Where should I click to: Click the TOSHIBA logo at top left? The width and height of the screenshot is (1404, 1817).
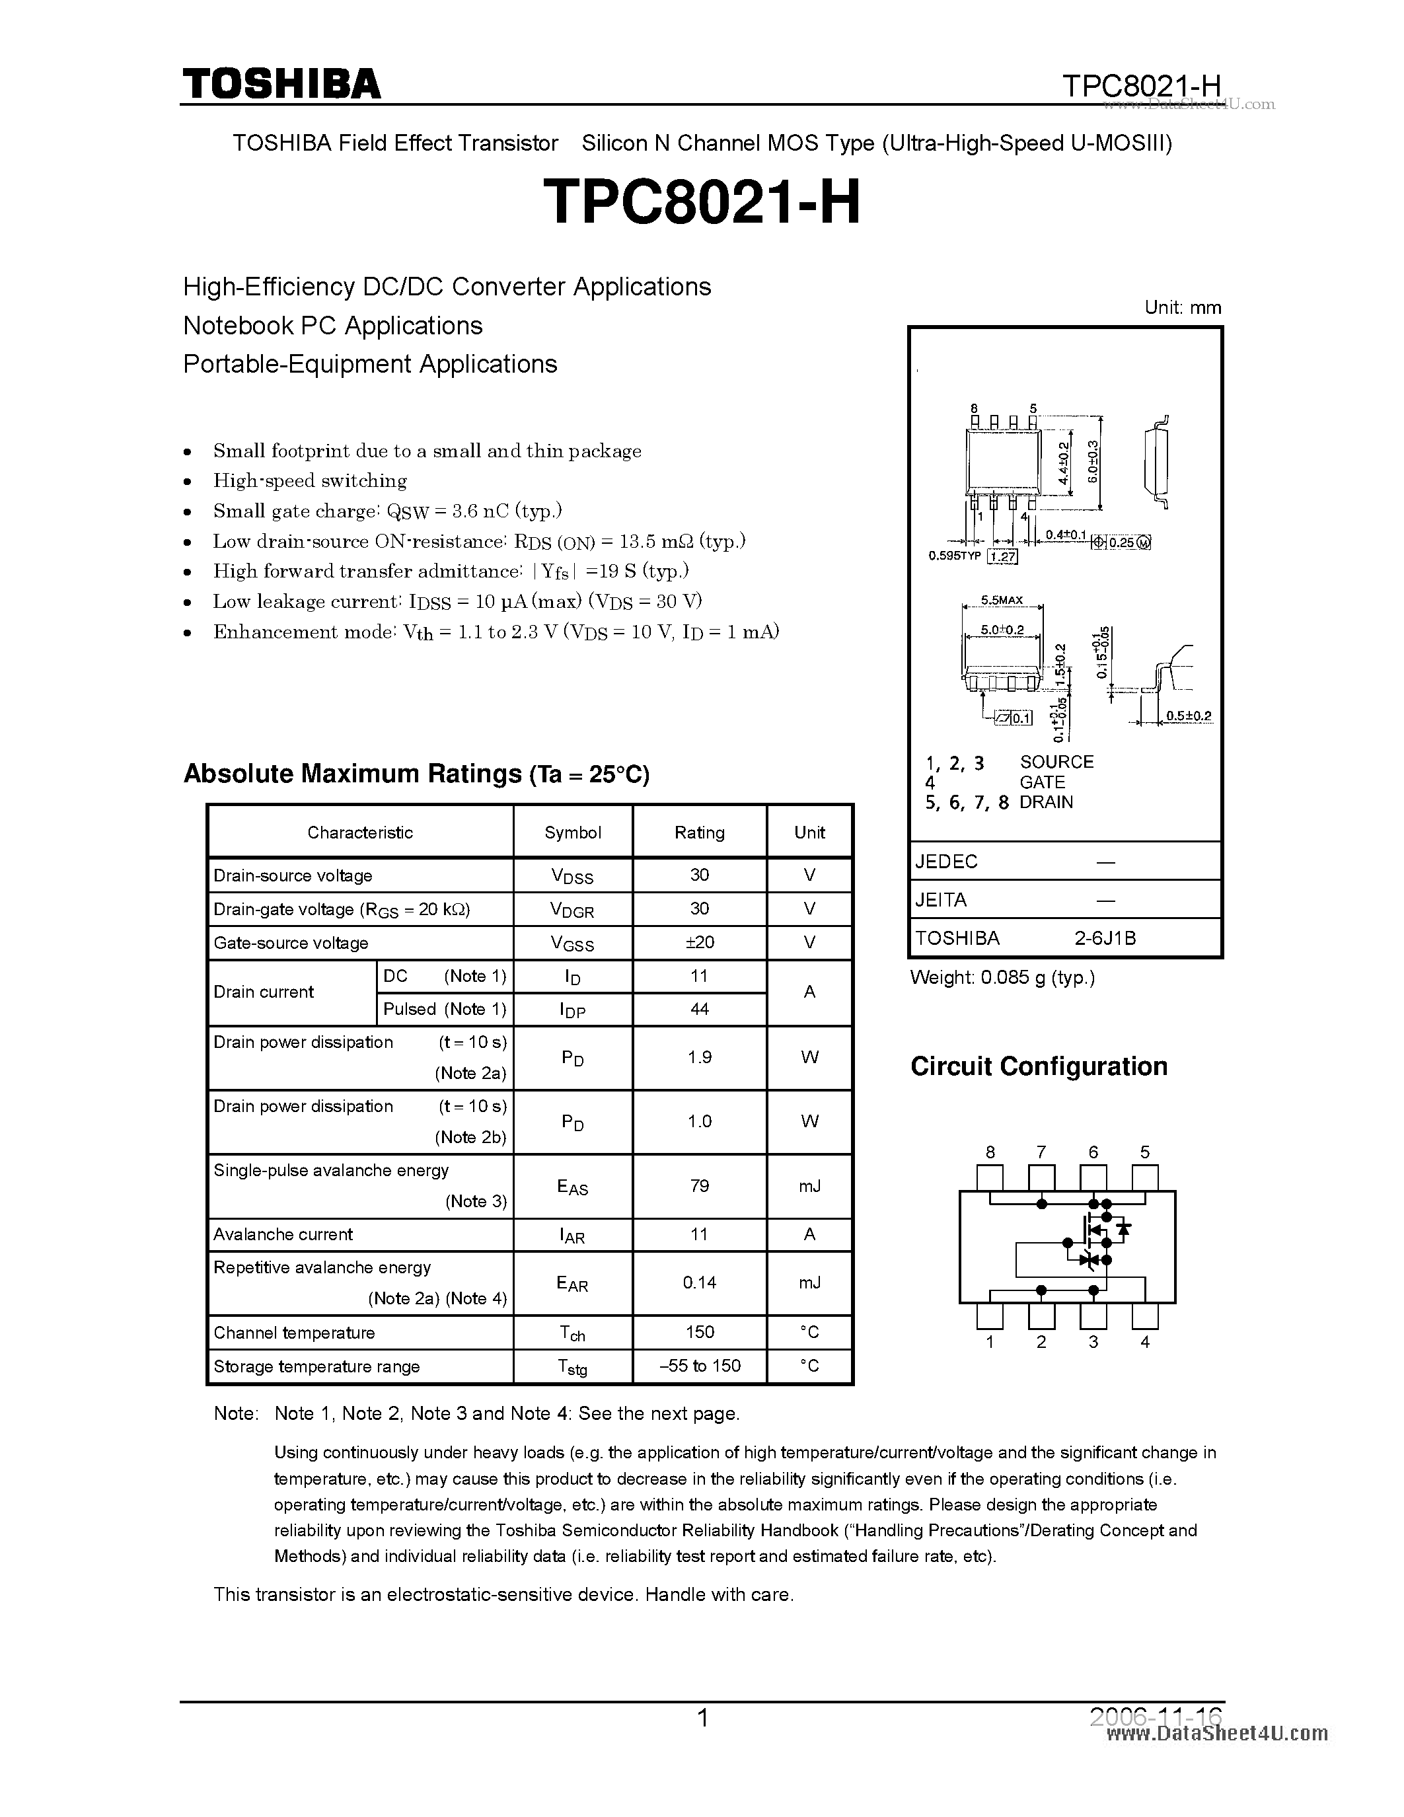coord(281,84)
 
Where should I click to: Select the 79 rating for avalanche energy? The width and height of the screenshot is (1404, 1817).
coord(698,1185)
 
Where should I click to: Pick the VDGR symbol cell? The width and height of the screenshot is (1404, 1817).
coord(572,909)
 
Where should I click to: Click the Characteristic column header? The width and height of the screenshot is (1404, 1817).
coord(359,832)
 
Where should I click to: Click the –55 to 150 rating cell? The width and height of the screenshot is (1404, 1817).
coord(698,1366)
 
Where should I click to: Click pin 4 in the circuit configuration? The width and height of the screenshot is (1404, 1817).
coord(1145,1316)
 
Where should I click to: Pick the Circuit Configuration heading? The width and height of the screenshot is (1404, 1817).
coord(1038,1066)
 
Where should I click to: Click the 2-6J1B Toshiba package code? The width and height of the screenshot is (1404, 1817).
coord(1105,938)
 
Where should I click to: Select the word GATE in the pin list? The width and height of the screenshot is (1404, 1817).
coord(1041,782)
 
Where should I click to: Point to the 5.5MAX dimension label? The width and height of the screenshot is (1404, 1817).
coord(1002,600)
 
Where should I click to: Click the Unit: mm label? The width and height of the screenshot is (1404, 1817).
coord(1182,307)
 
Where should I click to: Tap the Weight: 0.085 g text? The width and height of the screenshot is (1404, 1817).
coord(1002,978)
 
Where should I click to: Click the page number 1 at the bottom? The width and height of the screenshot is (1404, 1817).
coord(703,1718)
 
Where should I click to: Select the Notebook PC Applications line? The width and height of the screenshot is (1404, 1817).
coord(333,325)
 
